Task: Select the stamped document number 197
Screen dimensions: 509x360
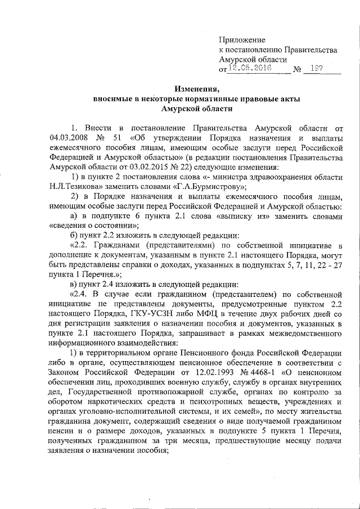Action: click(x=316, y=68)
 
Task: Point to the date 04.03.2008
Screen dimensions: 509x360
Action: click(x=67, y=138)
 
